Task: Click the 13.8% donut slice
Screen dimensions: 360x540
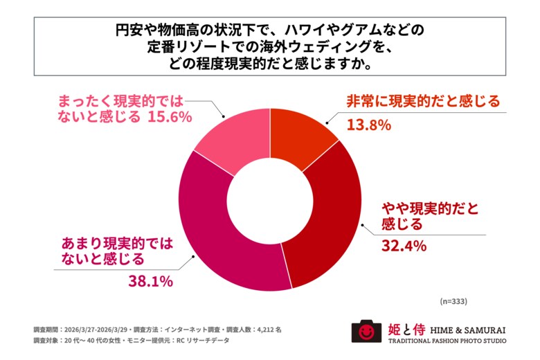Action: pos(299,132)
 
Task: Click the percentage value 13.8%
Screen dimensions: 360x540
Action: pos(369,125)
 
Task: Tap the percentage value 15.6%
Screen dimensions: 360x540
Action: pos(169,117)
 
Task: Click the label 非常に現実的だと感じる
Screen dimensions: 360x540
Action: pos(422,101)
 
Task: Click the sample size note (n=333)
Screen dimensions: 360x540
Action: pos(453,302)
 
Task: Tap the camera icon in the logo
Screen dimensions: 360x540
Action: pos(366,331)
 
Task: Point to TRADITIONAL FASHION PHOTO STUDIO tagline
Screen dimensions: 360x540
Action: pos(447,341)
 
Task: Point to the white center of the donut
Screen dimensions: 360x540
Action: pos(270,198)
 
